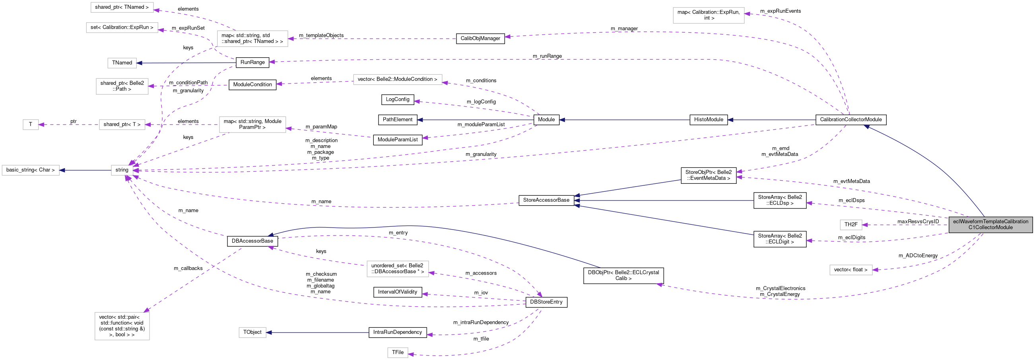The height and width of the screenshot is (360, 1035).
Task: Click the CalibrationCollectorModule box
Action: pos(851,120)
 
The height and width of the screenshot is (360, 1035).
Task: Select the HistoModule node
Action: pos(708,120)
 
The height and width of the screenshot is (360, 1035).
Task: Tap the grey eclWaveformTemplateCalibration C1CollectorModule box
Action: pos(990,225)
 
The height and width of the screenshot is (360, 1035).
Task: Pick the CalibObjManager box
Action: pos(480,39)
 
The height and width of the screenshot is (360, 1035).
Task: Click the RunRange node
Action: pos(252,62)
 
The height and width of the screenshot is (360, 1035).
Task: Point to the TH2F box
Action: pos(851,225)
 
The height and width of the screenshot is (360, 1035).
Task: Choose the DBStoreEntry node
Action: pos(546,302)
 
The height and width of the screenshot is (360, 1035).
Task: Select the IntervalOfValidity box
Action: pos(397,292)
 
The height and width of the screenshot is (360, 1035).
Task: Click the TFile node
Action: pos(398,352)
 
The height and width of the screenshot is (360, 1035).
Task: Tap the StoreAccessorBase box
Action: pos(546,200)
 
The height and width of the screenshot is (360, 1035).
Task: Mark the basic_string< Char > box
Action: pos(31,170)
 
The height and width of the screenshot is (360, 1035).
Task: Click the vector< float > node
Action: pos(851,270)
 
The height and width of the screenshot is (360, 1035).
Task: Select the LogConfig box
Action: pos(397,99)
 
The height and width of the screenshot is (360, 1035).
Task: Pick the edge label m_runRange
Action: pos(547,56)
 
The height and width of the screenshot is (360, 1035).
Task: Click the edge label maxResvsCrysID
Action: pos(918,222)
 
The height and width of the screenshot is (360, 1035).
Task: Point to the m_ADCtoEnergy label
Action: pos(918,255)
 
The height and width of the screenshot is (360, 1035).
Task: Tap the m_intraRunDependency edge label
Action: pos(481,322)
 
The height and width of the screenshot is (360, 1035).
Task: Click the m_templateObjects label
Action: pos(321,35)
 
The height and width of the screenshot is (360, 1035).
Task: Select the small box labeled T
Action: pos(31,125)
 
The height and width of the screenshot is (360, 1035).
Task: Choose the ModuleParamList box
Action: pos(397,140)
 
